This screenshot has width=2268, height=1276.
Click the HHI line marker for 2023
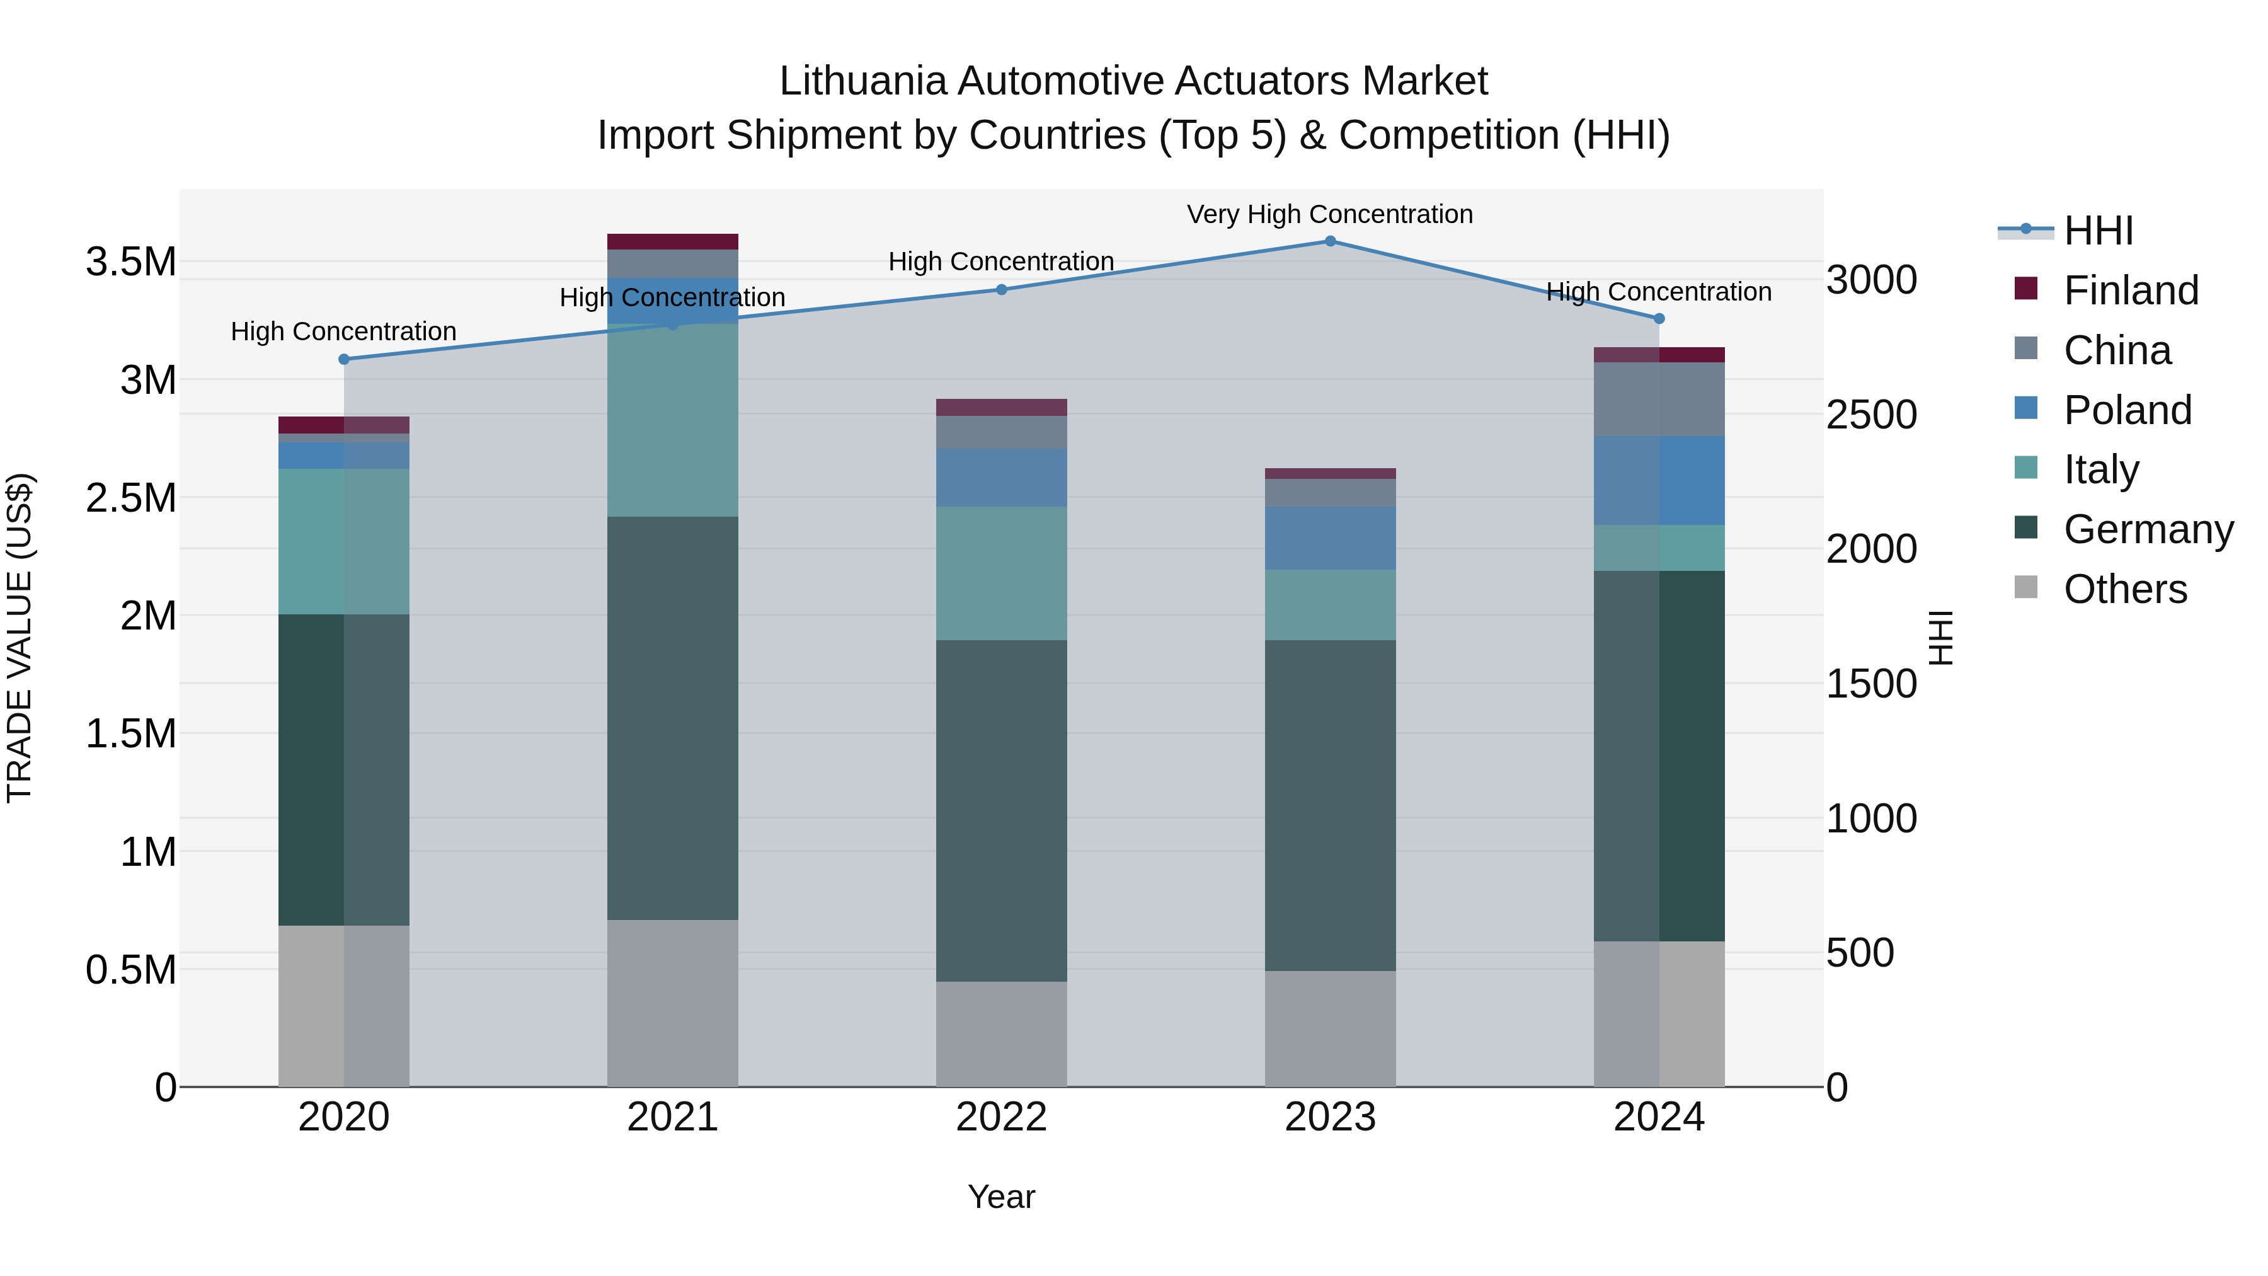pos(1329,241)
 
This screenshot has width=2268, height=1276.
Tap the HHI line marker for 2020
pos(344,359)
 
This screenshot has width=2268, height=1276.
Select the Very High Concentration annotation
pos(1329,214)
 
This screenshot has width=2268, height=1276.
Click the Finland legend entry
pos(2131,290)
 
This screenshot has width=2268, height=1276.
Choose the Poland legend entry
pos(2127,410)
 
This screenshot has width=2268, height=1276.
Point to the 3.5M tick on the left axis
pos(130,262)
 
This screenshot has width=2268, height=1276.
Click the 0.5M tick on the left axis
pos(130,970)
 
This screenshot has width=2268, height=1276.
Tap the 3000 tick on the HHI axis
pos(1871,280)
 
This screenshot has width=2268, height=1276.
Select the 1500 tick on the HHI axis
pos(1871,684)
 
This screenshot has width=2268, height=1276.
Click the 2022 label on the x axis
pos(1001,1117)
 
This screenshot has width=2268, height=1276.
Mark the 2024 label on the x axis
pos(1659,1117)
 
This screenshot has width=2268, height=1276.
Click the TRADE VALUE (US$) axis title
pos(20,638)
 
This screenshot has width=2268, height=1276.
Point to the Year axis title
pos(1001,1197)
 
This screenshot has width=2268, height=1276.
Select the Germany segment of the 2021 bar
pos(673,718)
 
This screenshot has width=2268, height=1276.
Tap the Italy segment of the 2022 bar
pos(1001,573)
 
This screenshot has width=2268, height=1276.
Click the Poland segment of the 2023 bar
pos(1329,538)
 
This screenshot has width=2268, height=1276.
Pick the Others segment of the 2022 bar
pos(1001,1034)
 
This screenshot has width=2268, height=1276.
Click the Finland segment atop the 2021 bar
pos(673,241)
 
